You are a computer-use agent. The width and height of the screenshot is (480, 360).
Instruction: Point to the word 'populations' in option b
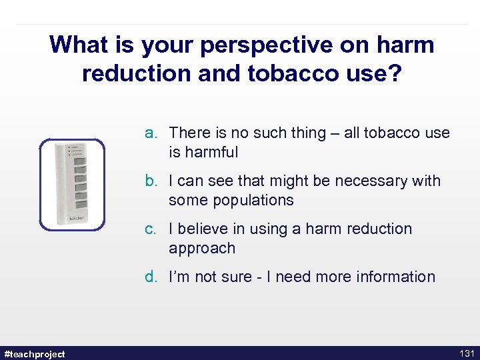pos(231,200)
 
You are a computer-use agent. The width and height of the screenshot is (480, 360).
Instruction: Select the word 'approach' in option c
pos(202,248)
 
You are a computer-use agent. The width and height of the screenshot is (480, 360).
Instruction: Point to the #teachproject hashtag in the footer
pos(35,353)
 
